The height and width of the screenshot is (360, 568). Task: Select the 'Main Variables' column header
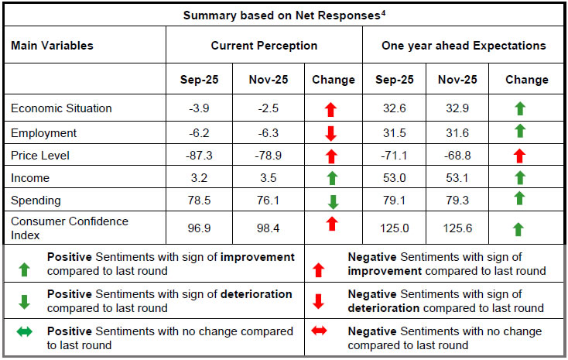pos(52,46)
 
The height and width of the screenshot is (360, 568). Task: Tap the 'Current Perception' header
pos(264,46)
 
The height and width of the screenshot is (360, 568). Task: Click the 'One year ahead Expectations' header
pos(464,46)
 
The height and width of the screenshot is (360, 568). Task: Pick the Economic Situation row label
pos(61,108)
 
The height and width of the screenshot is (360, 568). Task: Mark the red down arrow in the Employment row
pos(331,133)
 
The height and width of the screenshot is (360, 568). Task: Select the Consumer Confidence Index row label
pos(70,228)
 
